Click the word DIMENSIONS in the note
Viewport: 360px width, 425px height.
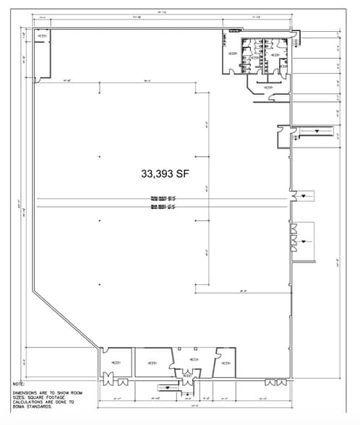26,391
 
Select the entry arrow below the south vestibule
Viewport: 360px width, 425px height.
171,387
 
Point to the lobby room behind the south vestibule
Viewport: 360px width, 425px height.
191,358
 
